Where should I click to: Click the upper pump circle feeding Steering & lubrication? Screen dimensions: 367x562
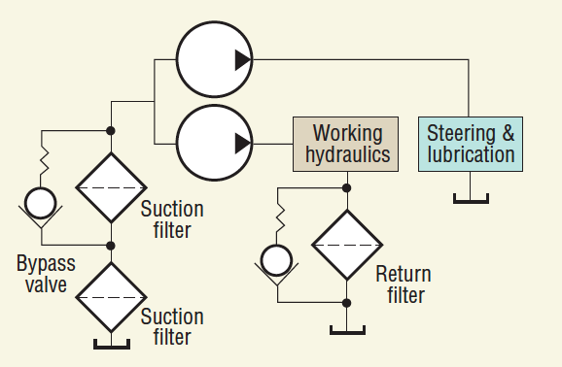pyautogui.click(x=215, y=61)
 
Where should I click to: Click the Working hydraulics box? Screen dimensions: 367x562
pyautogui.click(x=345, y=144)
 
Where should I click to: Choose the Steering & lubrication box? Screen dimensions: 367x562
pyautogui.click(x=471, y=144)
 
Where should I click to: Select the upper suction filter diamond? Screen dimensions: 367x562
pyautogui.click(x=111, y=187)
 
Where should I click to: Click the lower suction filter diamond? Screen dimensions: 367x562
pyautogui.click(x=111, y=297)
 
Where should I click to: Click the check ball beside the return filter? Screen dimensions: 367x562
pyautogui.click(x=276, y=260)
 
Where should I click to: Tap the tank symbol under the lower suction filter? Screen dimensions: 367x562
pyautogui.click(x=111, y=343)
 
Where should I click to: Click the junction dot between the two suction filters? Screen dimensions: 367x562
pyautogui.click(x=111, y=245)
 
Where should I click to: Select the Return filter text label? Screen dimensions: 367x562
pyautogui.click(x=403, y=284)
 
